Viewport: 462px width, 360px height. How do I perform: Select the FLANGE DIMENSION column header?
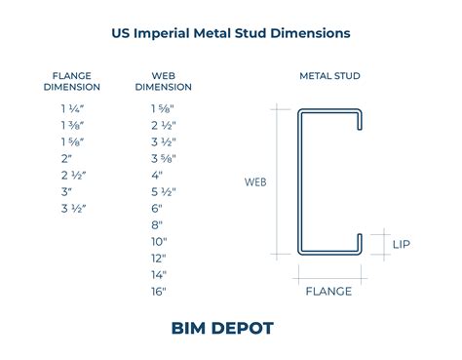click(x=72, y=81)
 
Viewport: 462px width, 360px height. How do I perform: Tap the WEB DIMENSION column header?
click(x=163, y=81)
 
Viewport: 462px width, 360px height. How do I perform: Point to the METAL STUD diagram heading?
click(x=329, y=76)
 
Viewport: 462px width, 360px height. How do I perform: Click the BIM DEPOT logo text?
click(x=222, y=328)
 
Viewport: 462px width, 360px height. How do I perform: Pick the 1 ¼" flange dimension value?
click(x=72, y=108)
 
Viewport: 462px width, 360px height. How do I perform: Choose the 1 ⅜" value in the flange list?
click(x=72, y=125)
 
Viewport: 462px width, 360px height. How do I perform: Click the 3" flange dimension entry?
click(x=66, y=192)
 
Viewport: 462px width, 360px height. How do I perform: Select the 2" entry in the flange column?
click(x=66, y=159)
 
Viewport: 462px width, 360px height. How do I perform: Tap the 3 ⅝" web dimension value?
click(x=164, y=159)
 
